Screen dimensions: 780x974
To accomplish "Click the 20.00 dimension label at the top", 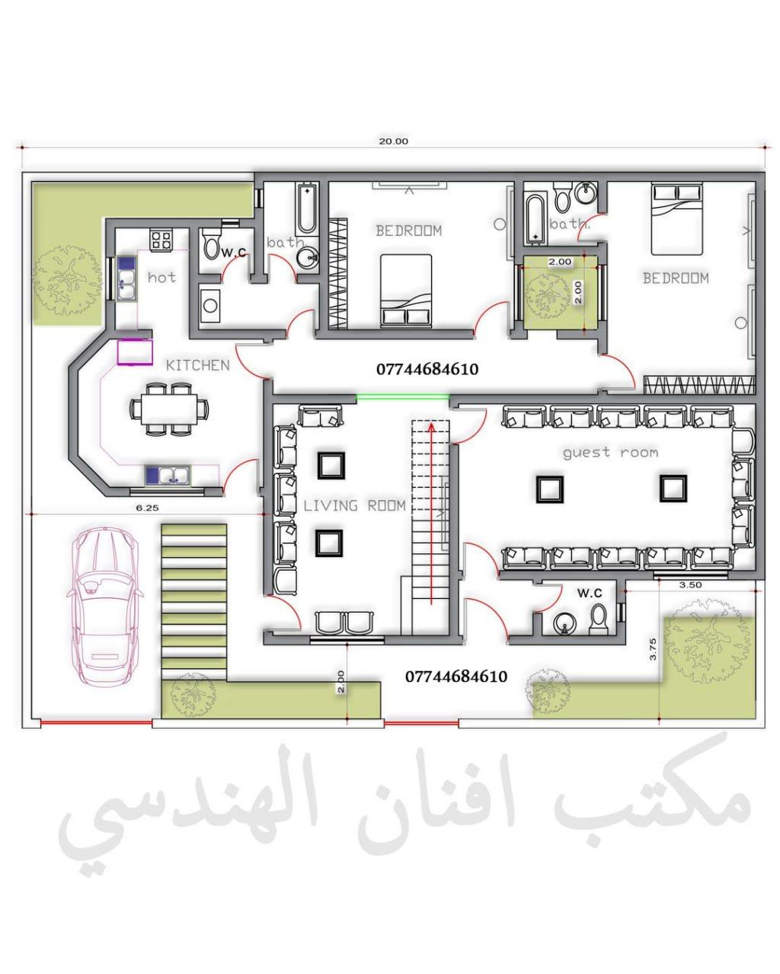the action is (x=393, y=142).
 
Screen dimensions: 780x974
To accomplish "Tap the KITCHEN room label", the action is (x=197, y=365).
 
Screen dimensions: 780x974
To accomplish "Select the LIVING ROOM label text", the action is (x=354, y=505).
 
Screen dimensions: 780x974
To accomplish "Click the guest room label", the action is (x=610, y=452).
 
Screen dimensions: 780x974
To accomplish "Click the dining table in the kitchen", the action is (x=170, y=409).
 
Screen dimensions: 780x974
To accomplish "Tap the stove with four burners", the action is (x=161, y=240).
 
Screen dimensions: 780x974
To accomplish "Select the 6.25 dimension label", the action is (x=147, y=508).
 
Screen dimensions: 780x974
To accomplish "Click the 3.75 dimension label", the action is (x=653, y=649).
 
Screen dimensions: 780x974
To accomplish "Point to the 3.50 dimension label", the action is (x=690, y=584).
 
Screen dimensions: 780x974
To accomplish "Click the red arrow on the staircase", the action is (x=430, y=514).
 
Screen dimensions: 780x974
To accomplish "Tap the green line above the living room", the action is (x=402, y=397).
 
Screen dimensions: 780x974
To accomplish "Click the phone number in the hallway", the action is (x=427, y=369).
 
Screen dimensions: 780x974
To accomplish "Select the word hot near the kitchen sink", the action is (x=161, y=277).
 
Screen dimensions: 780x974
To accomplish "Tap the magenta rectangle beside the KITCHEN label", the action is (x=135, y=352).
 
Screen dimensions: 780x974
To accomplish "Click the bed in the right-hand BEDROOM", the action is (x=676, y=218).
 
